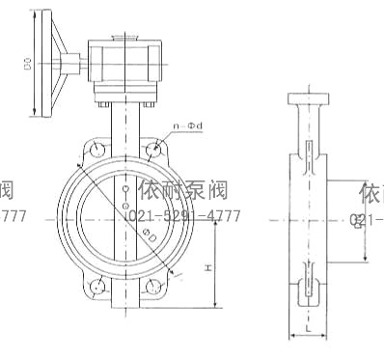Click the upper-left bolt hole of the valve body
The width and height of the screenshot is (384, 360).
(x=96, y=149)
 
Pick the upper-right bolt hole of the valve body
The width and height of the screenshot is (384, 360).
(x=153, y=149)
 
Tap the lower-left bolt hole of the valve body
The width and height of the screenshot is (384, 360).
(x=96, y=286)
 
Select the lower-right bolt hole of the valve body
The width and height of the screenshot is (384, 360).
(x=153, y=286)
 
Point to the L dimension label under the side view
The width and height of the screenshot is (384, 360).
(x=306, y=327)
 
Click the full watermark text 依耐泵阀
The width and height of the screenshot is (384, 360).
(x=182, y=191)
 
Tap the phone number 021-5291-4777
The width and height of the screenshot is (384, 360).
(x=183, y=215)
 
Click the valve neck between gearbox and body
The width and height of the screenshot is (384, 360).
(x=124, y=121)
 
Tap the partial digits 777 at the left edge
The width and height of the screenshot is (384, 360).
(x=13, y=215)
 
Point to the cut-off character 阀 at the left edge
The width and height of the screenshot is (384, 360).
(x=8, y=191)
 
